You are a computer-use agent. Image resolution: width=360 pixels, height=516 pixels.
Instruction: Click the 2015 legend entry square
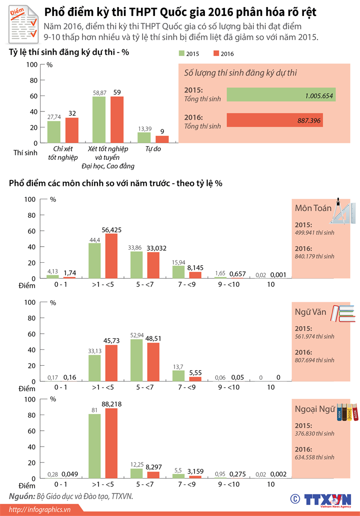182,53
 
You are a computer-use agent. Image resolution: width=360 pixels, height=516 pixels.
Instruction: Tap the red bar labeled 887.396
274,120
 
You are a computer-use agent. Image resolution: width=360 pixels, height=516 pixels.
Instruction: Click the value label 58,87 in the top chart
99,92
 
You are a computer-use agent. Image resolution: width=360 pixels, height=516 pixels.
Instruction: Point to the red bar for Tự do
162,139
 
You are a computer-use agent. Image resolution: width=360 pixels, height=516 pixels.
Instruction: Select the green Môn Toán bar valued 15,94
178,272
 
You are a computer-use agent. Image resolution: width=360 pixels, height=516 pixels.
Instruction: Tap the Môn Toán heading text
313,208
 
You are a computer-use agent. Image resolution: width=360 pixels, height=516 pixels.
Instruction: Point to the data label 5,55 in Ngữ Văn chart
195,372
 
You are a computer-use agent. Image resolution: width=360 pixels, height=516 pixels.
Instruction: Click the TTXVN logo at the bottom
328,500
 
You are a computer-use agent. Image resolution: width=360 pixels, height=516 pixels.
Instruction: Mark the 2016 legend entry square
216,53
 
